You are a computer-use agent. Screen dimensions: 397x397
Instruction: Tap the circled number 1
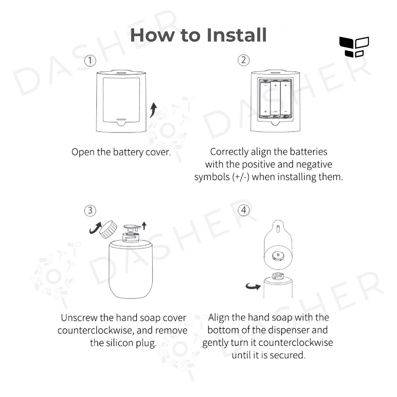90,61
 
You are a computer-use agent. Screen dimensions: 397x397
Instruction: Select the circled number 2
244,60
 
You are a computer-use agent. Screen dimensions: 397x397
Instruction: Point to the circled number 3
90,211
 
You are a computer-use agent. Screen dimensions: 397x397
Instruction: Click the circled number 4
244,210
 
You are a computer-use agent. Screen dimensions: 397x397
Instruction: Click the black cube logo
354,47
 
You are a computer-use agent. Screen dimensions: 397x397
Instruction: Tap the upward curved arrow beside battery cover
153,110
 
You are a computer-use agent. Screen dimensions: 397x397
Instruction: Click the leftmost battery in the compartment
265,99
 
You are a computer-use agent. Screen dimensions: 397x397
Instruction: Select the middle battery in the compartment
276,99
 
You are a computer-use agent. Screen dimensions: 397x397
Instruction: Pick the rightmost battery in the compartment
285,99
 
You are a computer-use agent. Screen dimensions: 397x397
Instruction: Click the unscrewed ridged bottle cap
108,229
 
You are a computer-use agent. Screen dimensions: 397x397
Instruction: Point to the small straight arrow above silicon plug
144,225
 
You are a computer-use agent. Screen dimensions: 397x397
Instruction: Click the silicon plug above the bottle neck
132,227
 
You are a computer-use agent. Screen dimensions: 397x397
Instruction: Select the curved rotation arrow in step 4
253,286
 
